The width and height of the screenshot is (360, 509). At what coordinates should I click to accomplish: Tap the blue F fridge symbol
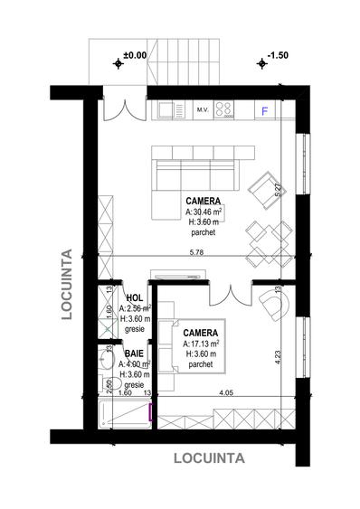pyautogui.click(x=265, y=111)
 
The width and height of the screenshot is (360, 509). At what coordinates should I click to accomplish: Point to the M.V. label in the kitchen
pyautogui.click(x=203, y=111)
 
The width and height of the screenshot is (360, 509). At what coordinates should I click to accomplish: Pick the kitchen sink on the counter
pyautogui.click(x=166, y=110)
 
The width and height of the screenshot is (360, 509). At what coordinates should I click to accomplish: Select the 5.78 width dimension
pyautogui.click(x=196, y=252)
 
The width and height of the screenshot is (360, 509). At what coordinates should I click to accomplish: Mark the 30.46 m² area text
pyautogui.click(x=204, y=211)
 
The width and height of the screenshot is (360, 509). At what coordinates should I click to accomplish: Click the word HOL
pyautogui.click(x=136, y=297)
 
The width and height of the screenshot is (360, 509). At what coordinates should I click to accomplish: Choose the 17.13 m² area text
pyautogui.click(x=203, y=344)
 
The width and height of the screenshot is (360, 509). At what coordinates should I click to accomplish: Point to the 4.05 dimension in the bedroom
pyautogui.click(x=227, y=393)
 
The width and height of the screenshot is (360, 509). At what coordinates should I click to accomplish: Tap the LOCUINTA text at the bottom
pyautogui.click(x=209, y=457)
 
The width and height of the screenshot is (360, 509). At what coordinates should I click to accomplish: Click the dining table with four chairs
pyautogui.click(x=266, y=240)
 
